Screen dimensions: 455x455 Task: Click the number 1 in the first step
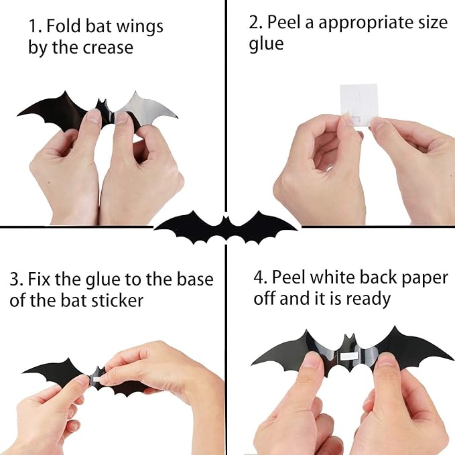coord(32,27)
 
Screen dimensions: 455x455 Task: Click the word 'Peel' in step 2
coord(285,22)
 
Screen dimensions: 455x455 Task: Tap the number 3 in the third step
coord(14,279)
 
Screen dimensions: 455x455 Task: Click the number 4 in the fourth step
coord(259,277)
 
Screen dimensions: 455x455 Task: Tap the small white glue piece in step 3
coord(97,380)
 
